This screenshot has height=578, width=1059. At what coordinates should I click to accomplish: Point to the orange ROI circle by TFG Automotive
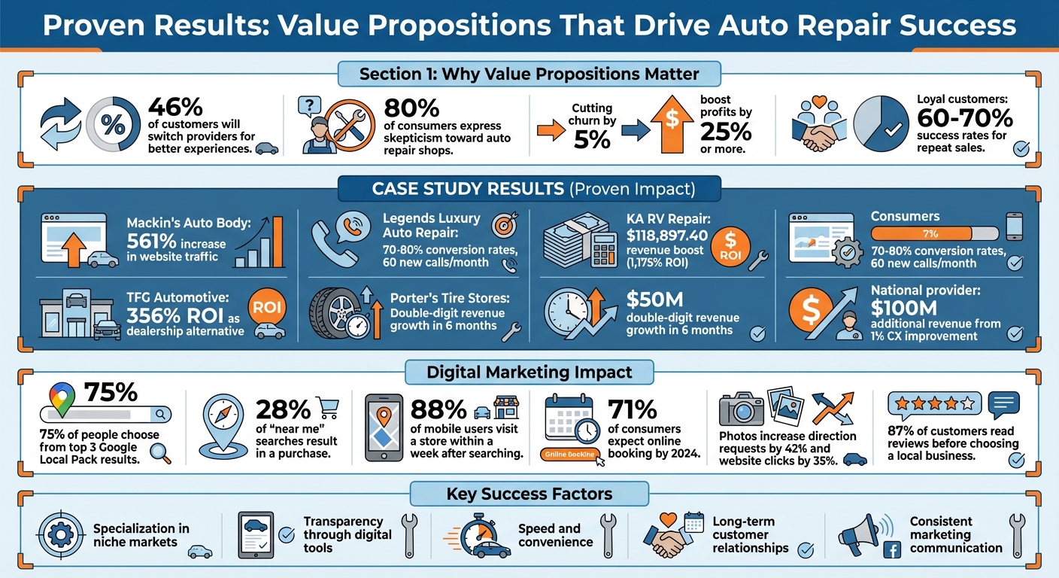[268, 308]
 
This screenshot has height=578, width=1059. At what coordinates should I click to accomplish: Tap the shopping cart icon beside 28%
[328, 407]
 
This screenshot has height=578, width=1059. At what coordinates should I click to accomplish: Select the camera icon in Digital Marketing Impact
[741, 411]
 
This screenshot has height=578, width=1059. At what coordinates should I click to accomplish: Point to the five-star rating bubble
[933, 405]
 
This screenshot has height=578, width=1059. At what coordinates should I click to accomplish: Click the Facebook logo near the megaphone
[891, 551]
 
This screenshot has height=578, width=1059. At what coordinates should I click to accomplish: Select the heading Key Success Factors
[529, 494]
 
